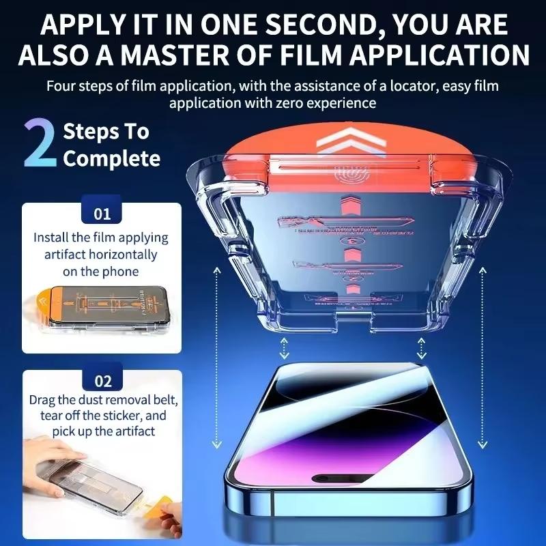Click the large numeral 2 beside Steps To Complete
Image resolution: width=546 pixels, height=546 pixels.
[x=40, y=144]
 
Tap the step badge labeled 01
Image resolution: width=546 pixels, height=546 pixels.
[x=102, y=214]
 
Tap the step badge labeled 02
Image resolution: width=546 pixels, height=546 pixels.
[x=102, y=381]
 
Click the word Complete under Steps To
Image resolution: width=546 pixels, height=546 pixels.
[x=111, y=159]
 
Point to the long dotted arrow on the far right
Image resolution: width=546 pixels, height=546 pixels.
[x=483, y=355]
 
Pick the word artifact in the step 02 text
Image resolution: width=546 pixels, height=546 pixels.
[x=134, y=431]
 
